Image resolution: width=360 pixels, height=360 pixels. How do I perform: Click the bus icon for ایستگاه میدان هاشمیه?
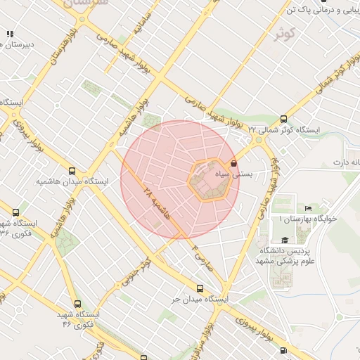pos(72,170)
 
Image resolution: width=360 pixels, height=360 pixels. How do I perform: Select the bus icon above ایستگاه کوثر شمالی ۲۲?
pos(283,120)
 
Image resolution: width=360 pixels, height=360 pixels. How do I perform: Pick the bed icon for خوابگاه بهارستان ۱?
pos(308,208)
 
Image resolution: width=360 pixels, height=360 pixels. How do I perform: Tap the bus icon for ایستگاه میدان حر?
pos(200,288)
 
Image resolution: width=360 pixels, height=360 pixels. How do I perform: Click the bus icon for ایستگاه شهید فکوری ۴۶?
pos(77,304)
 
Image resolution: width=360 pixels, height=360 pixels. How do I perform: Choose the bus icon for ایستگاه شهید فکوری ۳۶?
pos(15,212)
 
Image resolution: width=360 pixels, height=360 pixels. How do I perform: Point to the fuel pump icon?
pos(10,33)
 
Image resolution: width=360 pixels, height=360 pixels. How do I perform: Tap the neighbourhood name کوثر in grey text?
pos(284,32)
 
